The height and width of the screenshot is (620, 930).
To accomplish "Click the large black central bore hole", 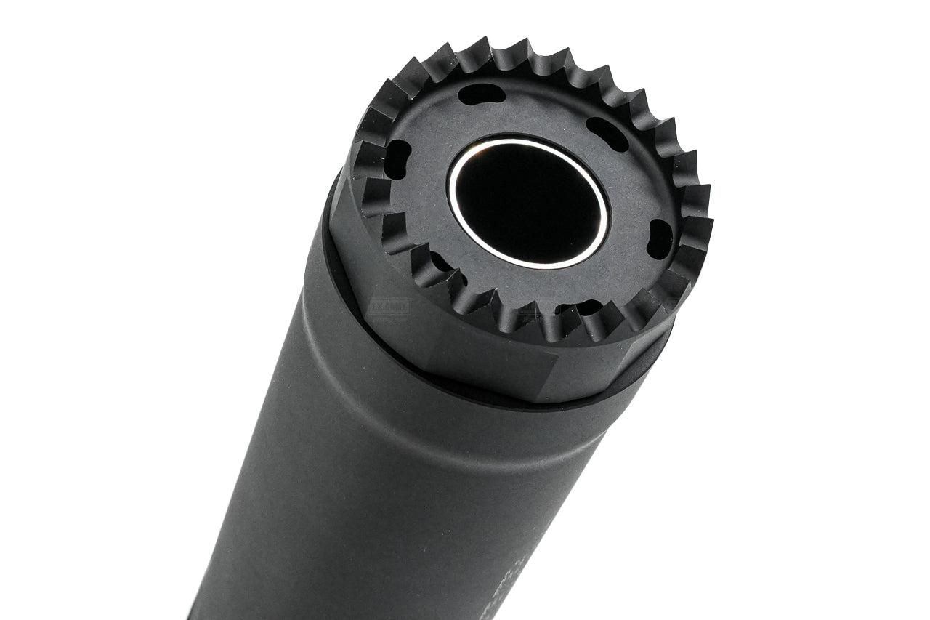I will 529,201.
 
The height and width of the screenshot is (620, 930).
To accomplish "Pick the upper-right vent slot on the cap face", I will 607,134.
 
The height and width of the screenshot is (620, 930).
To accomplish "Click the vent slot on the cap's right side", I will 660,235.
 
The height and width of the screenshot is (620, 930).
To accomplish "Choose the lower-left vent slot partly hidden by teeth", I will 442,262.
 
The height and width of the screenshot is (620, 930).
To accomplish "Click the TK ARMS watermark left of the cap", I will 390,307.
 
